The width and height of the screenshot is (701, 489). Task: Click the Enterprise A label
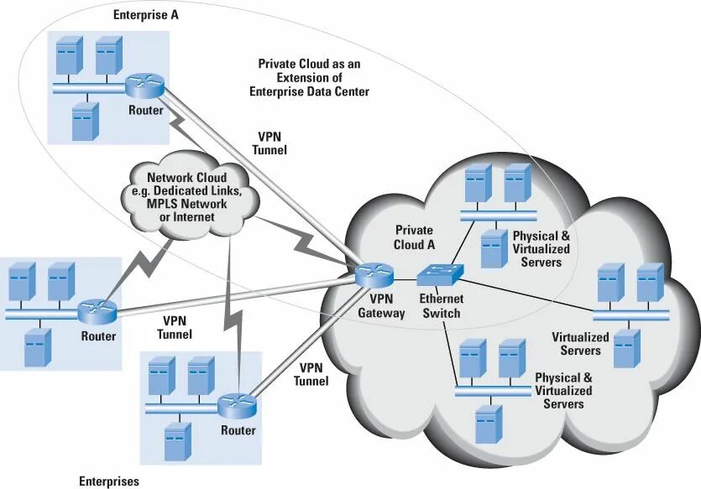[x=146, y=15]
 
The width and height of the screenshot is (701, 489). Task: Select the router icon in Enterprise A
[x=144, y=86]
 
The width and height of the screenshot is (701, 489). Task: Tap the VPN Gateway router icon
[x=374, y=275]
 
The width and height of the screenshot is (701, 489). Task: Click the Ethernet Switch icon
[x=440, y=274]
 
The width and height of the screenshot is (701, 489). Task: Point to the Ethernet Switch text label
[x=442, y=306]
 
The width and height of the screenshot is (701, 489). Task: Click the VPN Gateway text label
[x=381, y=306]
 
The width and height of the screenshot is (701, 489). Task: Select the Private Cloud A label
[x=415, y=237]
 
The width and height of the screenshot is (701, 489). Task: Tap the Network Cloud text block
[x=187, y=197]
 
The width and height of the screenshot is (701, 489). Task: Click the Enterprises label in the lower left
[x=109, y=481]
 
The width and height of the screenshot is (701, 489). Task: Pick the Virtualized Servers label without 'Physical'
[x=580, y=343]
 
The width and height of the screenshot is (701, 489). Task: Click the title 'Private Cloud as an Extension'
[x=310, y=78]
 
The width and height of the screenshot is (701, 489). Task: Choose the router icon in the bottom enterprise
[x=238, y=406]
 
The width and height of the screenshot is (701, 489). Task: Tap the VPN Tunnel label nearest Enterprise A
[x=269, y=143]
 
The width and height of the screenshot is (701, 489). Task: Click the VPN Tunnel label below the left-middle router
[x=175, y=327]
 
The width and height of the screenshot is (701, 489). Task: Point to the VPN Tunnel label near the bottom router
[x=311, y=374]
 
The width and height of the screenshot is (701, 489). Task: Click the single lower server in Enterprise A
[x=85, y=121]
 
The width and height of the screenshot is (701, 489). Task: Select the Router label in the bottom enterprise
[x=238, y=430]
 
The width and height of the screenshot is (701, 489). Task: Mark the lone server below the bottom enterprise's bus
[x=178, y=442]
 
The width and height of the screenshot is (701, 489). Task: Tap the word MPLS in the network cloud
[x=162, y=204]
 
